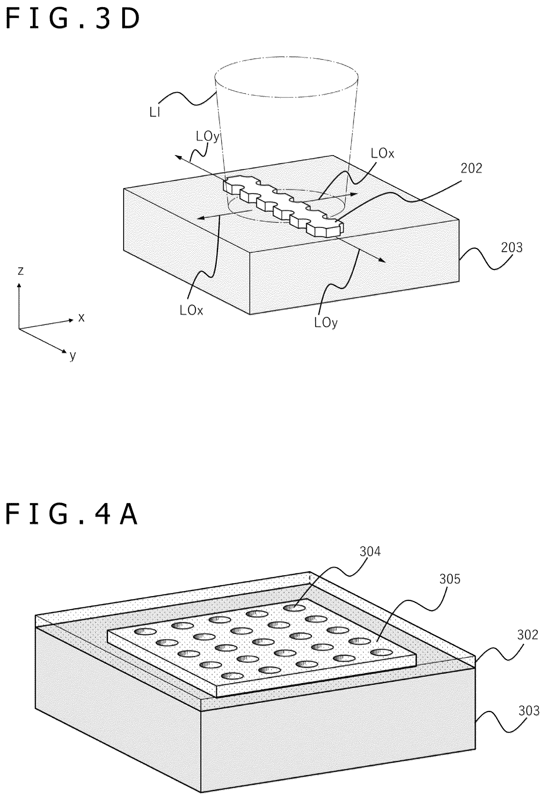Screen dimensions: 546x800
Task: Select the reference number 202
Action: tap(471, 168)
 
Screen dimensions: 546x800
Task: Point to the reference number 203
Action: tap(511, 247)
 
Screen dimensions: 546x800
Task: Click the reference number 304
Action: tap(370, 561)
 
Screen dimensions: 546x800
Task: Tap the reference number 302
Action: tap(528, 634)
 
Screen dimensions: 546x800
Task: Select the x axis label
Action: tap(81, 317)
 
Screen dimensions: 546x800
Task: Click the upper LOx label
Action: tap(382, 154)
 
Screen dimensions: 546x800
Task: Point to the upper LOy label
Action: tap(207, 137)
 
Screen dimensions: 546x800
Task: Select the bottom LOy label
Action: tap(326, 323)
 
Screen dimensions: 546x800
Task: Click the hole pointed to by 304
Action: tap(294, 608)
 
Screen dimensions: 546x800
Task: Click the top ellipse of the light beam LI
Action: tap(286, 78)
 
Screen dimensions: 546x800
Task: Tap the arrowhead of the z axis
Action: tap(19, 285)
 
